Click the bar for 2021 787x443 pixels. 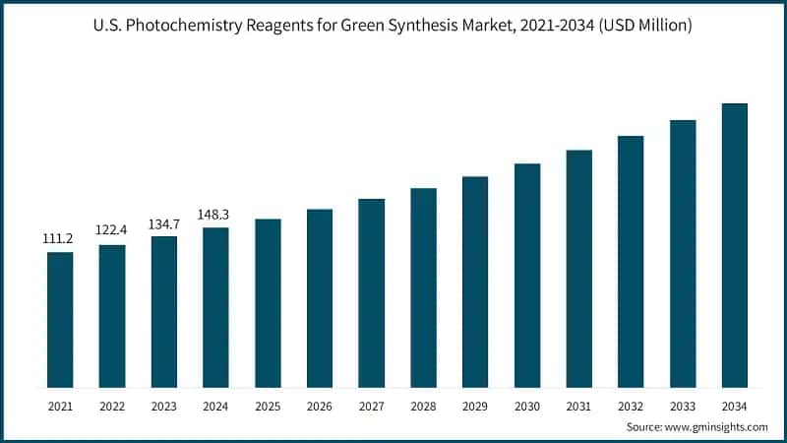click(x=60, y=319)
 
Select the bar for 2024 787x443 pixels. click(x=215, y=307)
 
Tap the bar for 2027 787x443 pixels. click(x=371, y=292)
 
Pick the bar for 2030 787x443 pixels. click(x=527, y=275)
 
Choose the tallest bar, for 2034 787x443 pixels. click(x=735, y=245)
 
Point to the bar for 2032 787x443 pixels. click(x=631, y=261)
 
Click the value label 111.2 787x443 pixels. click(x=60, y=239)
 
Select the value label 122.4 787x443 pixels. click(x=111, y=229)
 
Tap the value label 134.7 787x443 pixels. click(x=163, y=222)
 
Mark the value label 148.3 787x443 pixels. click(x=215, y=214)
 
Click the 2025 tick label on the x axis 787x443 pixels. click(x=268, y=405)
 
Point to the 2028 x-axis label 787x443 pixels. click(x=423, y=405)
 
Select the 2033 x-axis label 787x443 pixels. click(x=683, y=405)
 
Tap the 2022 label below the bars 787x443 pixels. click(x=111, y=405)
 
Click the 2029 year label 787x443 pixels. click(x=475, y=405)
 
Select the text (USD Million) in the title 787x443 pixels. click(x=645, y=26)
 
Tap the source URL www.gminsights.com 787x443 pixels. click(x=721, y=426)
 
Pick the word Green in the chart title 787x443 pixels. click(x=354, y=26)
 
